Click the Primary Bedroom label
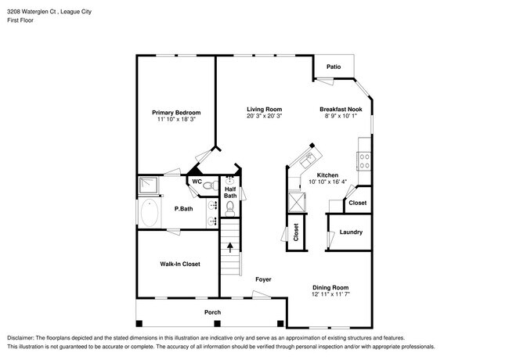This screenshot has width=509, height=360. click(x=176, y=113)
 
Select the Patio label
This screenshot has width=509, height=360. click(x=334, y=67)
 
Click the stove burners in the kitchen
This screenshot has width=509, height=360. click(x=364, y=161)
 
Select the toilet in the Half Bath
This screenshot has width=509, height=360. click(x=230, y=208)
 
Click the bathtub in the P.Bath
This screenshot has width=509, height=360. click(x=151, y=213)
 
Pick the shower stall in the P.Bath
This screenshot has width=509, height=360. click(x=148, y=186)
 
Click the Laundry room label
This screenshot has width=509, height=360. click(x=350, y=232)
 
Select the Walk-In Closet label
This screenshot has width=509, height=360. click(x=180, y=265)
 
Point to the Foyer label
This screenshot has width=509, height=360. click(x=264, y=279)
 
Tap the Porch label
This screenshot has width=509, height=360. click(x=212, y=312)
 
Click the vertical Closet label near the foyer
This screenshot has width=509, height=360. click(x=296, y=232)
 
